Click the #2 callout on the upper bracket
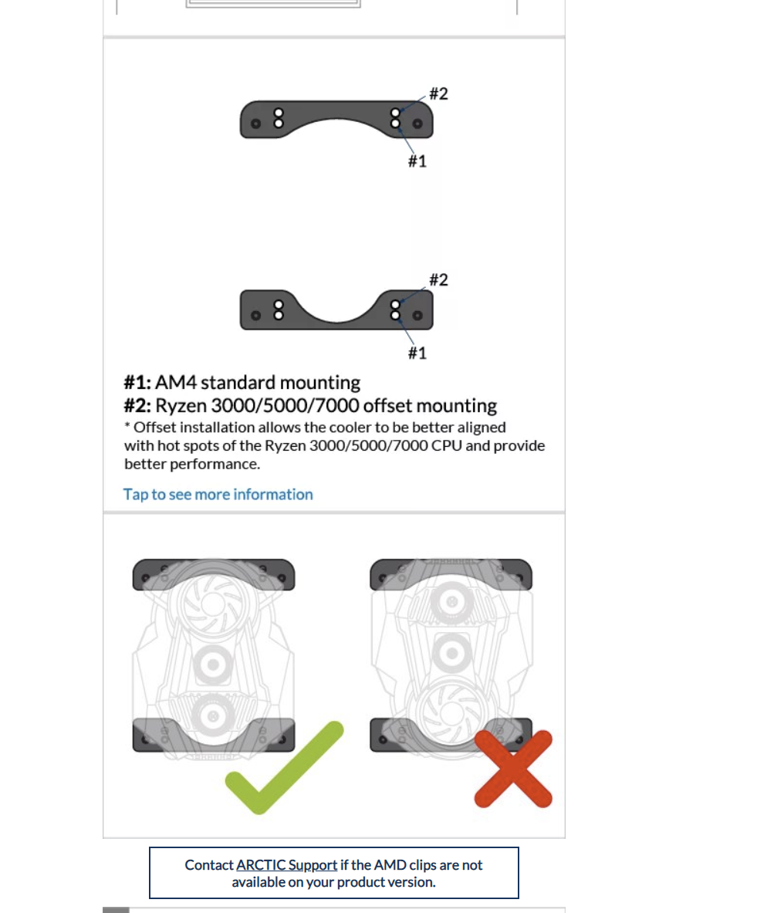[x=438, y=93]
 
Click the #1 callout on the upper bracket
[x=417, y=161]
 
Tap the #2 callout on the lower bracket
[x=438, y=279]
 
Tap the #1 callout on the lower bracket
[x=417, y=353]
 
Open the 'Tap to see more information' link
[x=218, y=495]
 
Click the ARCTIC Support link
[x=286, y=865]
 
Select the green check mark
[x=284, y=767]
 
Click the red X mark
[x=513, y=769]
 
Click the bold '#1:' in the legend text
[x=137, y=383]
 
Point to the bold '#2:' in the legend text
[x=137, y=405]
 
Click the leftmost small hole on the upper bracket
[x=255, y=123]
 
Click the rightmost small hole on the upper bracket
[x=417, y=123]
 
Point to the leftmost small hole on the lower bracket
[x=255, y=316]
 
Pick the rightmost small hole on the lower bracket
[x=417, y=316]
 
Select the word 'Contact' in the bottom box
[x=209, y=865]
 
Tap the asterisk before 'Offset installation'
[x=127, y=426]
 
